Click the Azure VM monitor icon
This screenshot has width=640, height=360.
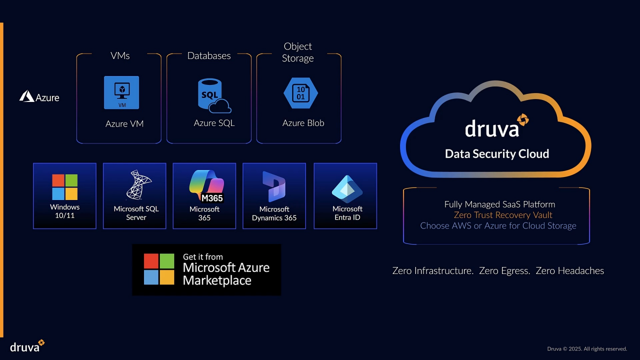[x=121, y=92]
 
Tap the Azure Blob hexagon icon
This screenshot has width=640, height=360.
[x=300, y=93]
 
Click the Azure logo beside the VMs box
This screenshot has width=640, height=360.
[x=39, y=96]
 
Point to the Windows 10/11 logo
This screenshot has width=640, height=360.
[x=65, y=187]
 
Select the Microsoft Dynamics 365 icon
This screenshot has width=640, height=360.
[x=274, y=186]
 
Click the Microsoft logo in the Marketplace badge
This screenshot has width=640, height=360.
[x=159, y=269]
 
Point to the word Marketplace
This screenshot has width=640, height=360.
[x=217, y=280]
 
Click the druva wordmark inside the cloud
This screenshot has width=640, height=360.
[x=492, y=128]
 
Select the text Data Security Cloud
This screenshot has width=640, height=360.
[x=497, y=154]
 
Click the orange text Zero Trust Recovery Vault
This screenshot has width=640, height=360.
[x=503, y=215]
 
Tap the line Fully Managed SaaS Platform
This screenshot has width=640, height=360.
[x=499, y=204]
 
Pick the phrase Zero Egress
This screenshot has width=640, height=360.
[x=504, y=271]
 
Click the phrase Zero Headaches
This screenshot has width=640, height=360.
[x=569, y=271]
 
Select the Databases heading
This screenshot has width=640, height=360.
[x=209, y=55]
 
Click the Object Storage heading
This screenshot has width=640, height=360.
[x=298, y=52]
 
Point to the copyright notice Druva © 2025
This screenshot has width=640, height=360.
[x=587, y=348]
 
